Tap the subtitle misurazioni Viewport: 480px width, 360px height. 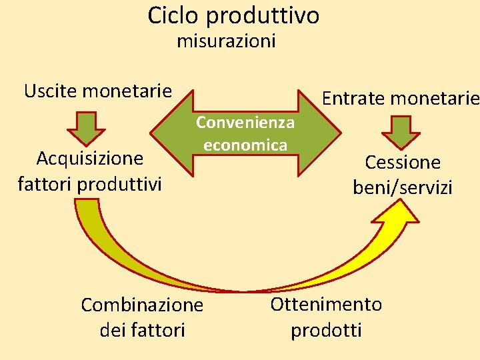coord(226,41)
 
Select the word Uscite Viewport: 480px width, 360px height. coord(51,91)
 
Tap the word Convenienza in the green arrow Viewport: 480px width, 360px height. coord(245,123)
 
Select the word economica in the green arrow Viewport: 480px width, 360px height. coord(245,145)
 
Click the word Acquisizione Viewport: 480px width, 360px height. coord(89,159)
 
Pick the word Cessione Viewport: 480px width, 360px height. coord(403,163)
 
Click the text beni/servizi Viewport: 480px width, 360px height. coord(403,187)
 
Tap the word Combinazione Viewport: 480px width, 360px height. coord(141,305)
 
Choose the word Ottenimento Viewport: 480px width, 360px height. coord(326,305)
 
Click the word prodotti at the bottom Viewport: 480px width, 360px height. coord(326,329)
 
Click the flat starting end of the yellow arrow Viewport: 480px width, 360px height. coord(87,202)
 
